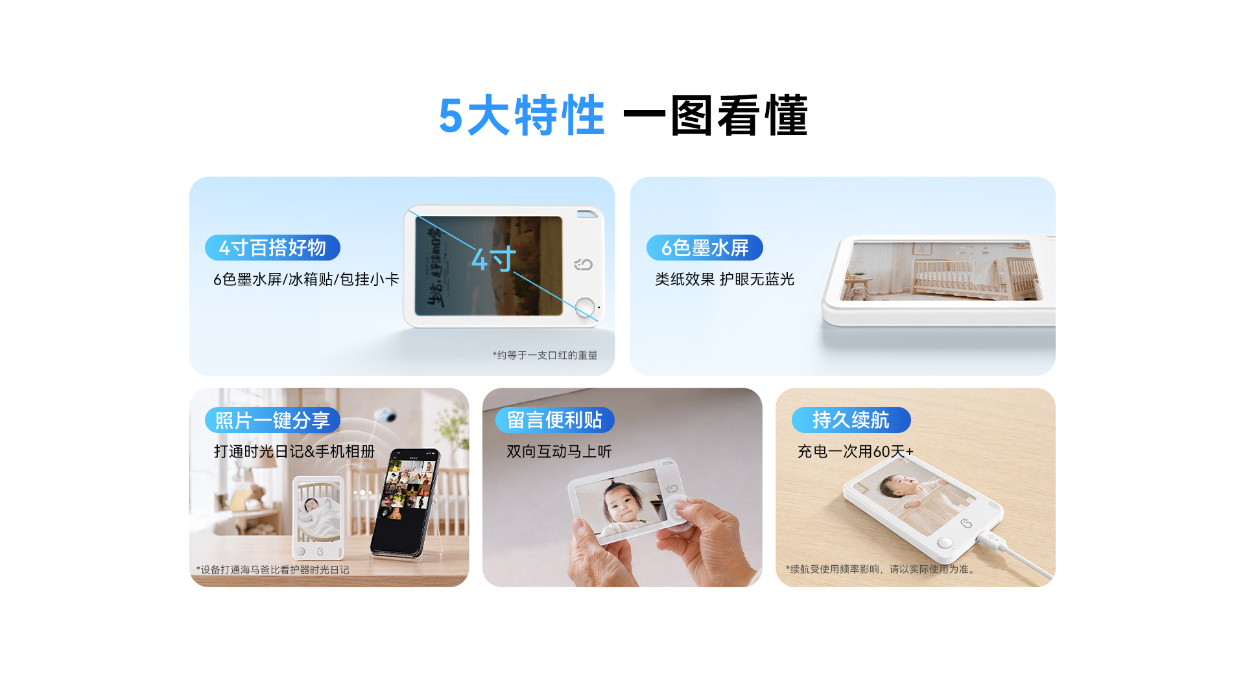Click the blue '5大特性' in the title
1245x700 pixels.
coord(522,116)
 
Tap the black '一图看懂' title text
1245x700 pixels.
coord(715,116)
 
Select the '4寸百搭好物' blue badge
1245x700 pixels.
coord(272,248)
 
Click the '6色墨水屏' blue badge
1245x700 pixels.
coord(705,248)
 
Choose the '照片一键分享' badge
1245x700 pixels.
coord(272,420)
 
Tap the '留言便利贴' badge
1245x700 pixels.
coord(554,420)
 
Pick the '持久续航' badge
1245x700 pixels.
coord(851,420)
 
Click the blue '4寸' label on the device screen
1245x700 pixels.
coord(493,259)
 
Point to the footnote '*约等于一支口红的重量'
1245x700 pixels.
coord(545,355)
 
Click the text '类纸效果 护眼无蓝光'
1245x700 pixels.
coord(724,279)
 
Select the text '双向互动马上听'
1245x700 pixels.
coord(559,452)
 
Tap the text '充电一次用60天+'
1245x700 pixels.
coord(855,452)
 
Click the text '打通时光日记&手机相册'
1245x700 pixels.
coord(294,452)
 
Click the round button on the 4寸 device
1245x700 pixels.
coord(585,307)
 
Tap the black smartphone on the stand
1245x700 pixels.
coord(405,503)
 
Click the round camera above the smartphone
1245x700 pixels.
coord(387,415)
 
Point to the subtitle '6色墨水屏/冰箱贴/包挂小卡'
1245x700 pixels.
coord(306,279)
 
